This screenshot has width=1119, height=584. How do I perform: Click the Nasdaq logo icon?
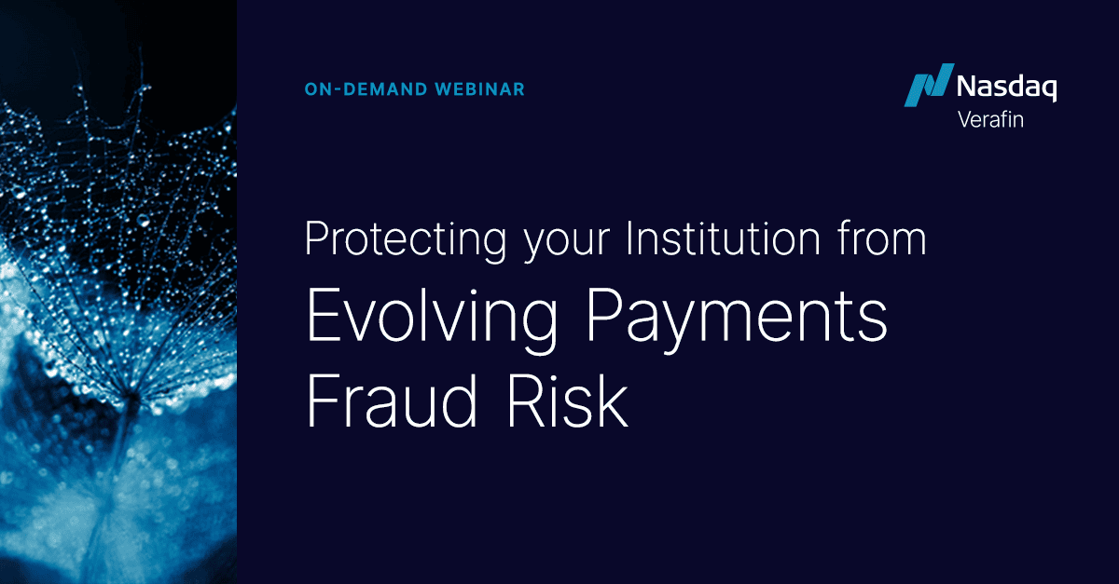pos(928,85)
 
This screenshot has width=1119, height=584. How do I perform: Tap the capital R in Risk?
pos(528,402)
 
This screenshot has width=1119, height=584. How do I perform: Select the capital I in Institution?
pos(631,239)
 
